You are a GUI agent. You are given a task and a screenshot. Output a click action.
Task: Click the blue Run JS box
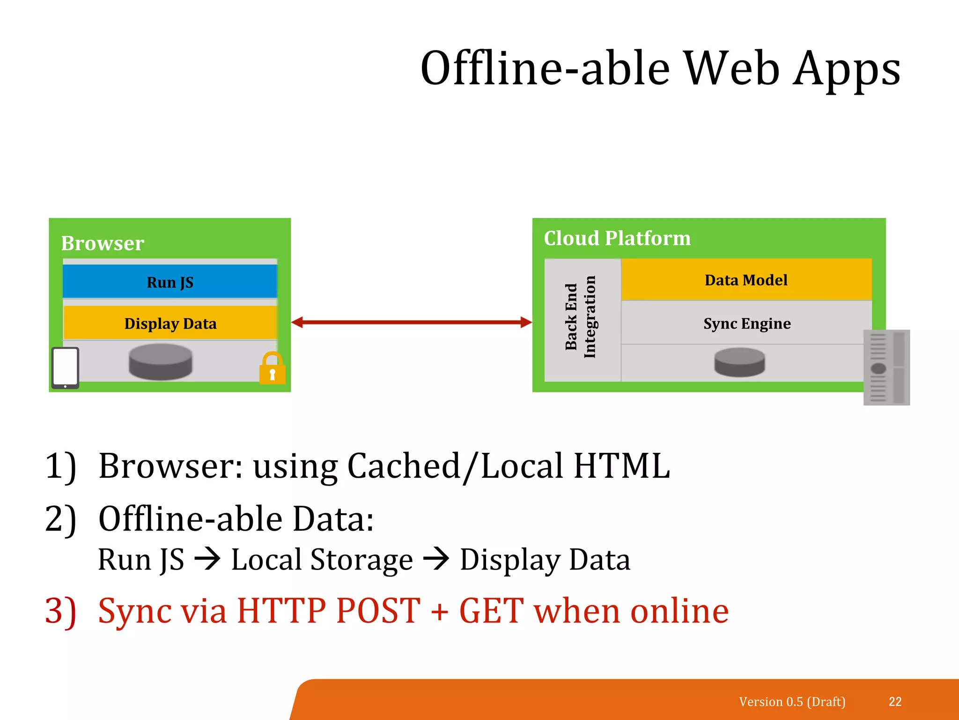pyautogui.click(x=170, y=282)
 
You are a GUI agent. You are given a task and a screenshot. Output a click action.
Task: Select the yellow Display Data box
pyautogui.click(x=170, y=323)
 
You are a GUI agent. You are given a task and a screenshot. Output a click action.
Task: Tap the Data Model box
pyautogui.click(x=746, y=280)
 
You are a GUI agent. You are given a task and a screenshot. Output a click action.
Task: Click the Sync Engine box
pyautogui.click(x=747, y=323)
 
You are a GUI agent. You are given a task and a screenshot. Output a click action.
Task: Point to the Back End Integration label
pyautogui.click(x=581, y=317)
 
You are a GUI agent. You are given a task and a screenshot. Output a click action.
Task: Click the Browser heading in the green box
pyautogui.click(x=103, y=243)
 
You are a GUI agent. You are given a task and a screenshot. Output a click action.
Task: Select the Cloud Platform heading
pyautogui.click(x=617, y=238)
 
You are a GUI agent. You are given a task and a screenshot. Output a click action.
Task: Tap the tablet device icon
pyautogui.click(x=65, y=368)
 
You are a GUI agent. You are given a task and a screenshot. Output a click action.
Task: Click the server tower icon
pyautogui.click(x=886, y=367)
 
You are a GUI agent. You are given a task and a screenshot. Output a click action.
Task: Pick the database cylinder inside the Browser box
pyautogui.click(x=160, y=361)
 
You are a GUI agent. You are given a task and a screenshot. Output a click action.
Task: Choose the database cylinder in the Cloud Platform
pyautogui.click(x=739, y=362)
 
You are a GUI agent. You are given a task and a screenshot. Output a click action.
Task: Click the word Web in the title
pyautogui.click(x=732, y=69)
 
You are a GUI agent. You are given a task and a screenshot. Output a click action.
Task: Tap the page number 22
pyautogui.click(x=895, y=701)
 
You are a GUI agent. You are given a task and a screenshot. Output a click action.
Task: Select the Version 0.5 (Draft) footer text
pyautogui.click(x=792, y=701)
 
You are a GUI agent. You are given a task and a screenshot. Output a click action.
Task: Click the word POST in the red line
pyautogui.click(x=378, y=610)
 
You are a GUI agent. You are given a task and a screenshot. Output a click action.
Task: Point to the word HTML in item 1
pyautogui.click(x=622, y=466)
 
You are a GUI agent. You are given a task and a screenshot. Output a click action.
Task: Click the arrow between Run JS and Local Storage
pyautogui.click(x=207, y=559)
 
